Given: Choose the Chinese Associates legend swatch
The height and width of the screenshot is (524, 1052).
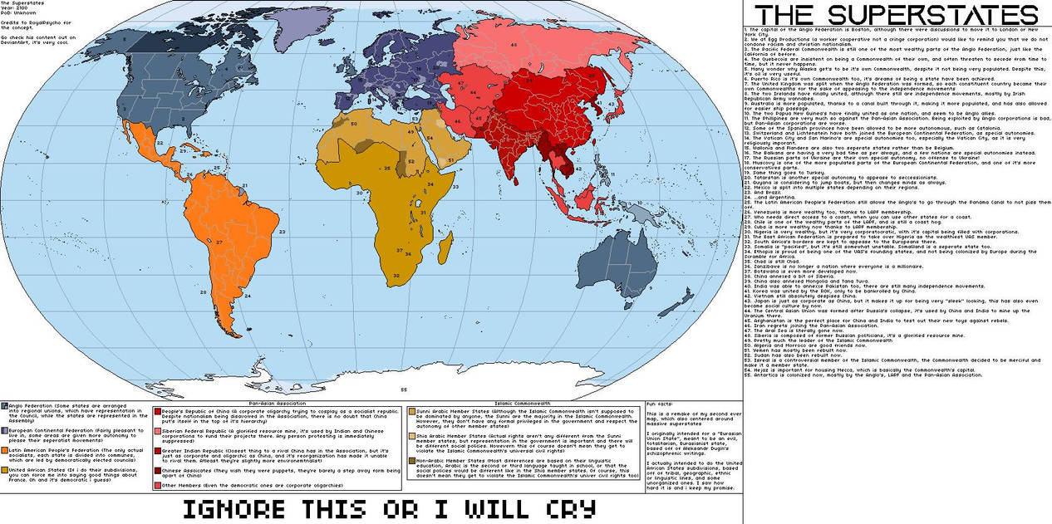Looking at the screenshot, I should tap(157, 470).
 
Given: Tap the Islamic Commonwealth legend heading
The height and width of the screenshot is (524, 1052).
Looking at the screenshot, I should tap(523, 401).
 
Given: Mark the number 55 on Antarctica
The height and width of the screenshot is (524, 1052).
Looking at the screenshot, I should tap(404, 388).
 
